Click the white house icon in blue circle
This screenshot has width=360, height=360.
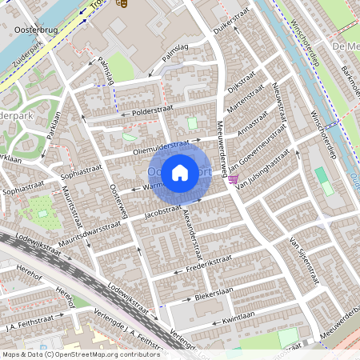click(x=180, y=172)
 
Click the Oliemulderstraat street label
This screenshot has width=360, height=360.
click(x=161, y=148)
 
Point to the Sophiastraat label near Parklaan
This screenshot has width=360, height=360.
click(x=79, y=170)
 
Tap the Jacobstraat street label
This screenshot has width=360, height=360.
click(x=163, y=211)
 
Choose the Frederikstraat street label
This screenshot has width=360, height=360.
click(x=208, y=262)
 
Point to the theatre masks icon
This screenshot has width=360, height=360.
click(x=122, y=4)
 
